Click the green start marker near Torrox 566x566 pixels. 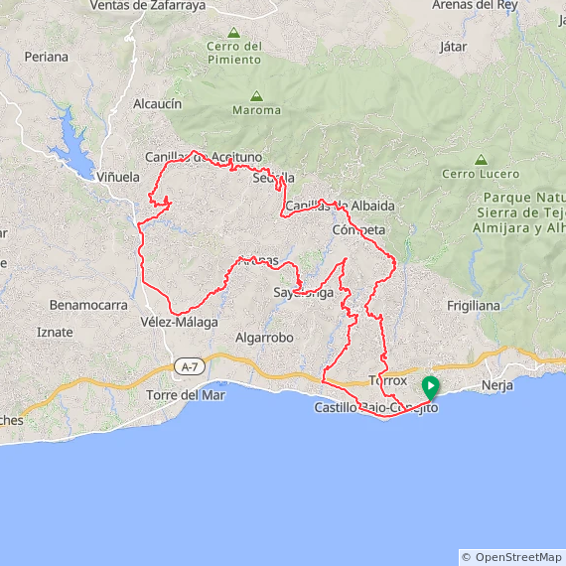[430, 387]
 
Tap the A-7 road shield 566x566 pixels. [189, 367]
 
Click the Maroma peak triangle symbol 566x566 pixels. [256, 96]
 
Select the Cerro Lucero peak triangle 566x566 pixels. [481, 159]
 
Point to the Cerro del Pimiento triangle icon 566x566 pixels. [233, 32]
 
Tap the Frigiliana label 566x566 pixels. [474, 306]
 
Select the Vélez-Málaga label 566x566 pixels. [179, 322]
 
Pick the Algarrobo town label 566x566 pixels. [264, 338]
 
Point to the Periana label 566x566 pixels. [48, 57]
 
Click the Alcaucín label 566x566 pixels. [157, 103]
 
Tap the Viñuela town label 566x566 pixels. [118, 177]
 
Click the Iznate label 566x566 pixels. [56, 332]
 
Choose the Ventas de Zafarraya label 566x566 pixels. [147, 5]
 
